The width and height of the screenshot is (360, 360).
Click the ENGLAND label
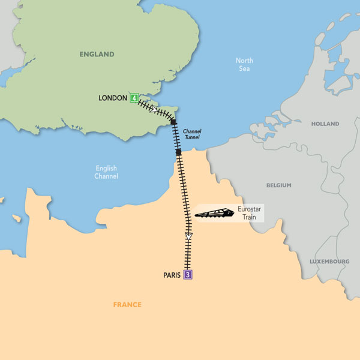click(97, 55)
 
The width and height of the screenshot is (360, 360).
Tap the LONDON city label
click(113, 98)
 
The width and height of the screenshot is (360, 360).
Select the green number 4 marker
click(134, 98)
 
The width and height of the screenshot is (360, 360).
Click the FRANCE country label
click(127, 305)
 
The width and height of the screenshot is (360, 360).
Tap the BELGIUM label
click(278, 185)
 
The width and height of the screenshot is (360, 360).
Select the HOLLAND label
click(325, 124)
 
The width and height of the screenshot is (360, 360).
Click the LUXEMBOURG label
click(329, 262)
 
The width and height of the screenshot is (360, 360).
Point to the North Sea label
click(244, 64)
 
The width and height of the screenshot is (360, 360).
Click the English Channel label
click(106, 172)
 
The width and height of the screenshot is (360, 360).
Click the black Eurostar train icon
click(214, 213)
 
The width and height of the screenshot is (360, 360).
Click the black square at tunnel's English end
click(173, 122)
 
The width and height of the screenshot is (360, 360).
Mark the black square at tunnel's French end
click(178, 152)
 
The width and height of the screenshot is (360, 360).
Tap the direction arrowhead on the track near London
click(154, 110)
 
